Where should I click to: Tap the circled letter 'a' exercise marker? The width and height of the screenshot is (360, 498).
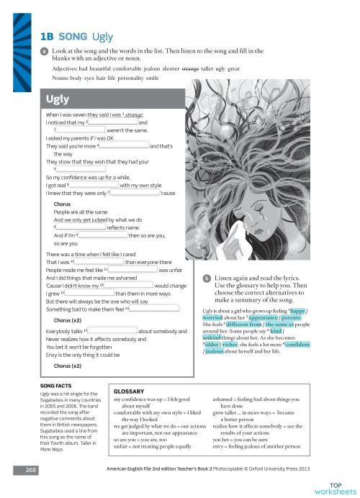(x=45, y=52)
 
